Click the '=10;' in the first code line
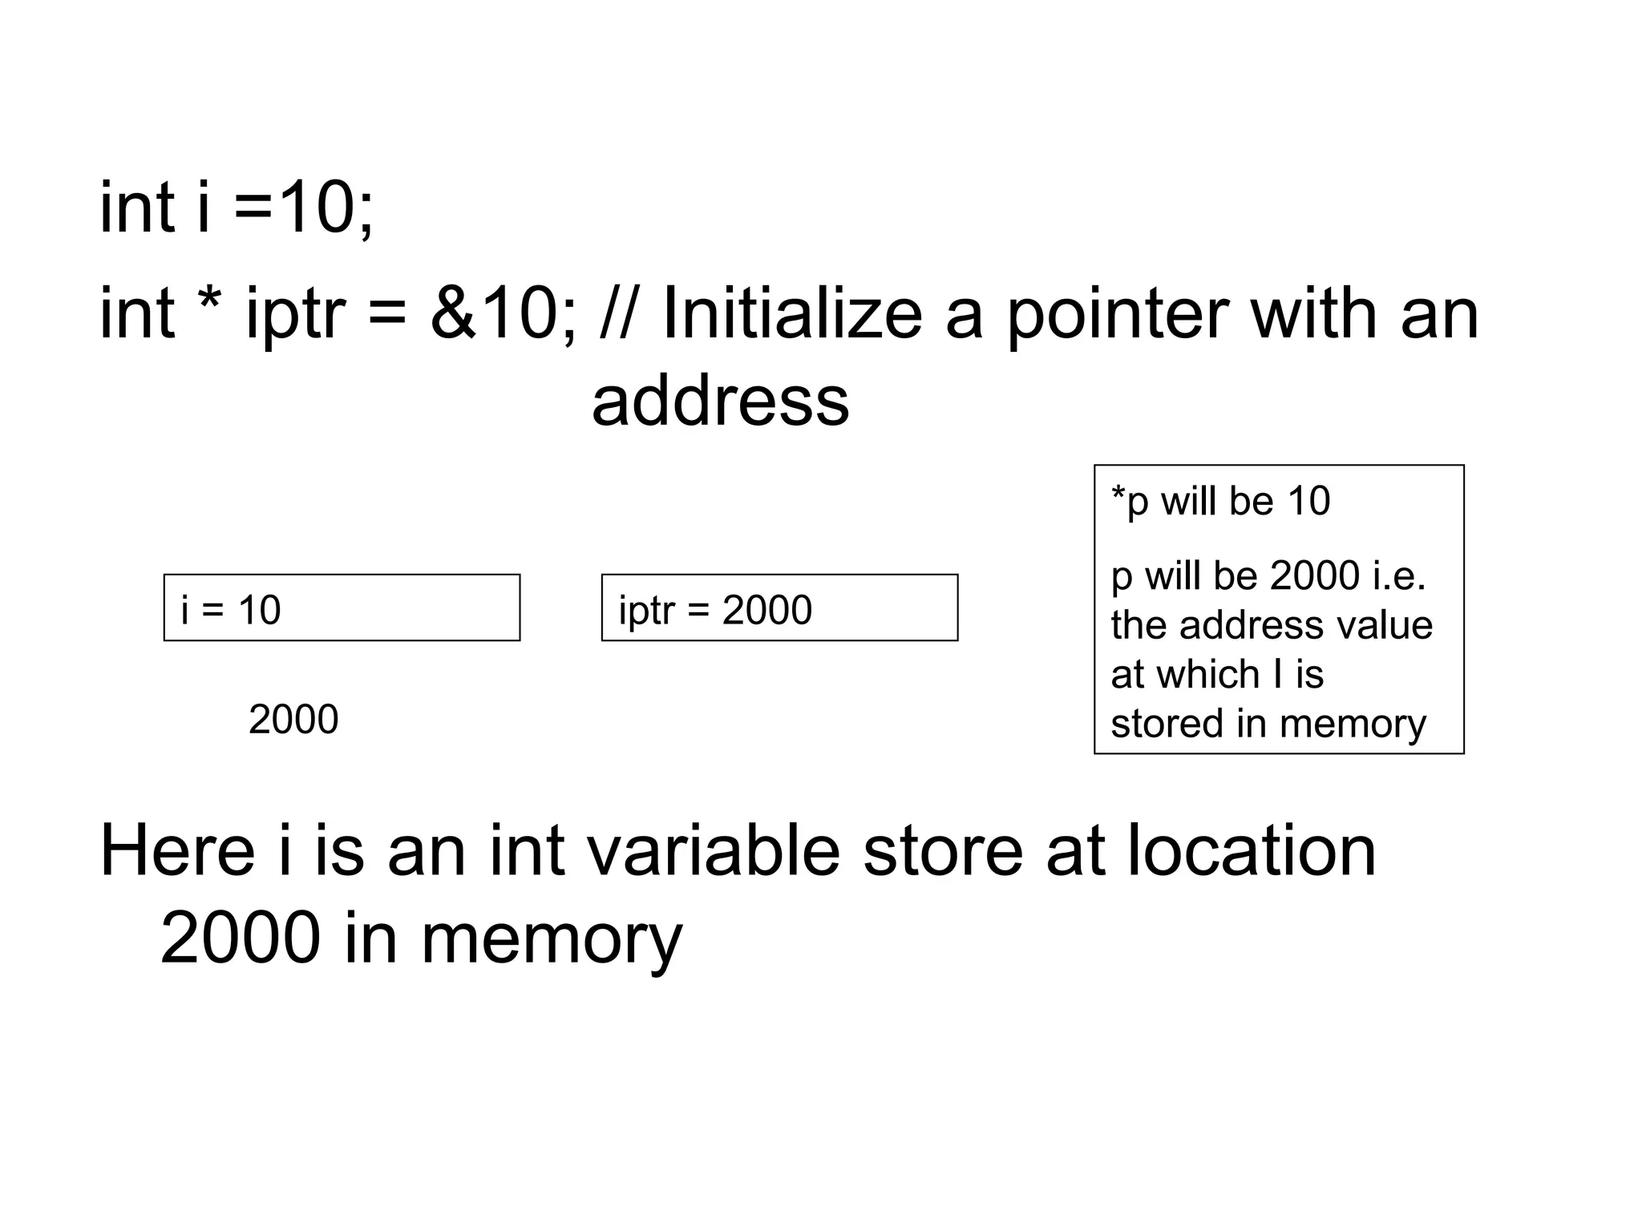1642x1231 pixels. coord(303,208)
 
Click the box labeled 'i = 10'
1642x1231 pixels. coord(342,608)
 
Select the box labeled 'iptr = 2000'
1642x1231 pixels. coord(779,608)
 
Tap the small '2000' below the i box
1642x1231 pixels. coord(293,720)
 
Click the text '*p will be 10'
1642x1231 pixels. coord(1220,502)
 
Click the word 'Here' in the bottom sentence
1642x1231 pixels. coord(177,850)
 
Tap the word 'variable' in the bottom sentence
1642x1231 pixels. coord(714,850)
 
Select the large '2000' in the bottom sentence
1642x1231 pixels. coord(241,938)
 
